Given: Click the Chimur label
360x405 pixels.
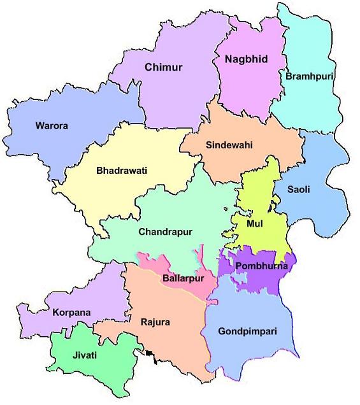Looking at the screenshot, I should coord(163,67).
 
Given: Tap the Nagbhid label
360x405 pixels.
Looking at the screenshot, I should coord(246,59).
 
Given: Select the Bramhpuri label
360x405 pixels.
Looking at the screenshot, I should coord(310,76).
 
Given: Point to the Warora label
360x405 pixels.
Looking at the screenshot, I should coord(52,125).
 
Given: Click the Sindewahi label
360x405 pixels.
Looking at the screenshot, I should coord(229,145).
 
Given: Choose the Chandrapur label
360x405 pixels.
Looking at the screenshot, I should coord(165,232).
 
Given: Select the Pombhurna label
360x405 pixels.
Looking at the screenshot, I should coord(261,266).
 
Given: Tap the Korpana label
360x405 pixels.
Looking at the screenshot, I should coord(71,313).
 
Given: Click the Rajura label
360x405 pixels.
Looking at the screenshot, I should coord(155,322).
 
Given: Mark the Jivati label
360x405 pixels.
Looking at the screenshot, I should coord(85,355).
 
